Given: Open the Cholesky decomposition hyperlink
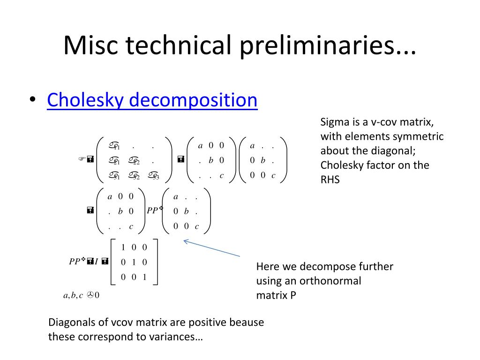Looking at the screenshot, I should tap(152, 100).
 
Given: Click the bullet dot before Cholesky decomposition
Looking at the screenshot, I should tap(32, 100).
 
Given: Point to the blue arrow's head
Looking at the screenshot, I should tap(185, 241).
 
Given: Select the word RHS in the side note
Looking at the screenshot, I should tap(330, 179).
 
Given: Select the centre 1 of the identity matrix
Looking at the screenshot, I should tap(134, 262).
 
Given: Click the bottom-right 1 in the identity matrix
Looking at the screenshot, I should tap(145, 277).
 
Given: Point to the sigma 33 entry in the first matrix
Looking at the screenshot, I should tap(153, 176).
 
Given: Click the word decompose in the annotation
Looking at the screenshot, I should tap(324, 267).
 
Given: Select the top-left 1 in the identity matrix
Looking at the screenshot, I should tap(123, 247).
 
